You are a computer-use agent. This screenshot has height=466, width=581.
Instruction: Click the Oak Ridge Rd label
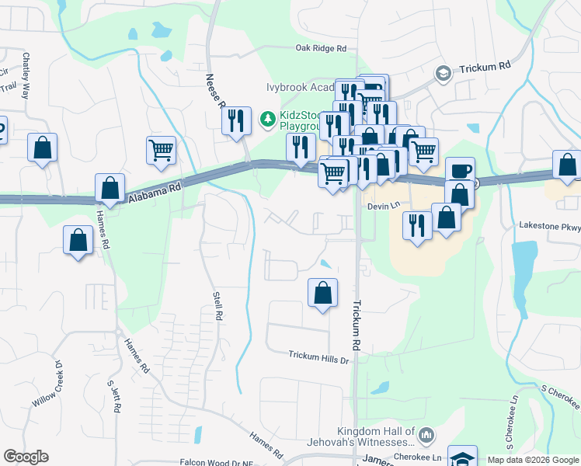321,48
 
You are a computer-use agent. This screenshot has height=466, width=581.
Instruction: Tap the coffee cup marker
460,171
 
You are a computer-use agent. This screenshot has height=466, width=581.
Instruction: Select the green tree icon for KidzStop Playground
267,118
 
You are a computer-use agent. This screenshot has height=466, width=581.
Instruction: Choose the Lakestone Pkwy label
551,228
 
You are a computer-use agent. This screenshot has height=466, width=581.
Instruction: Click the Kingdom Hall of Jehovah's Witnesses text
376,439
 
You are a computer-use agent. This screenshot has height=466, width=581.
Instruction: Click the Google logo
26,457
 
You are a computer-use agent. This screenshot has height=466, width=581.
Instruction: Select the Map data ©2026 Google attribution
533,460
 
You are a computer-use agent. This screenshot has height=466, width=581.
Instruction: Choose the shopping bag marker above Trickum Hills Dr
323,294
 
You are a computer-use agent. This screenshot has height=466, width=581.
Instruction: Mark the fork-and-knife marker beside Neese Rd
236,121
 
